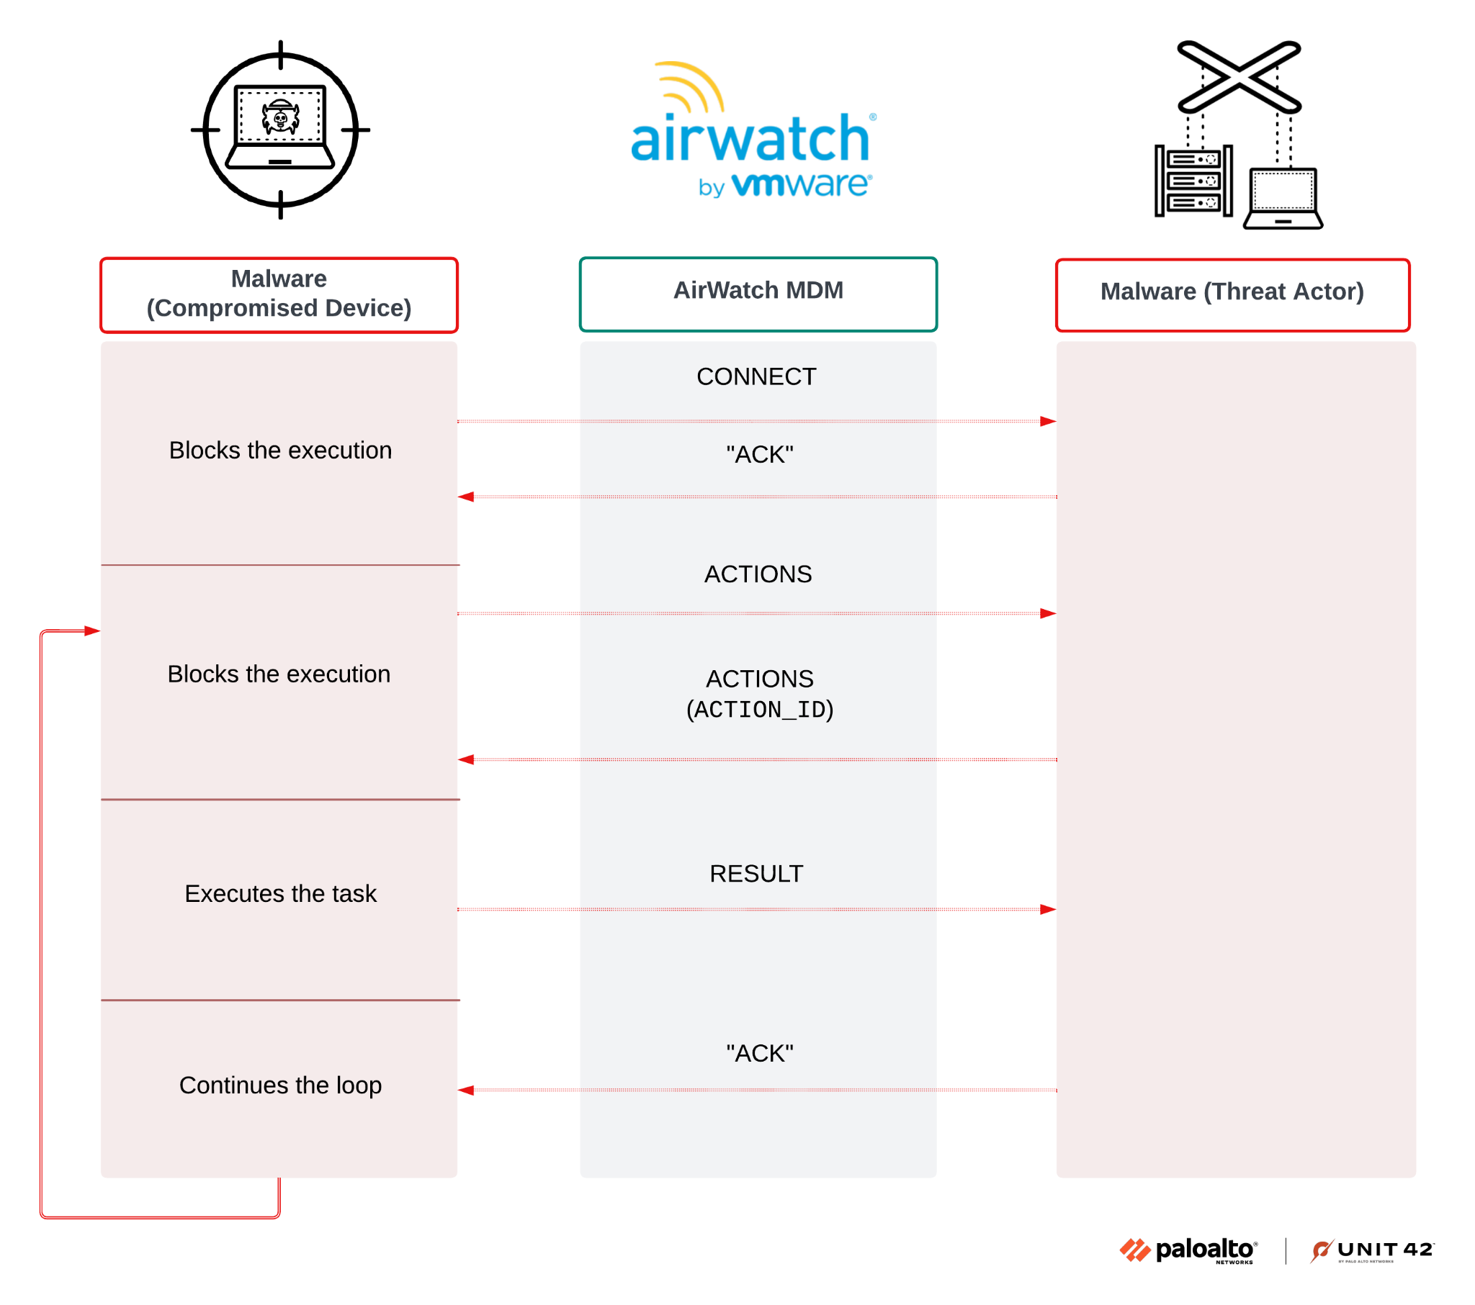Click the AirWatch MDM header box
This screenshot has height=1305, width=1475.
pyautogui.click(x=758, y=294)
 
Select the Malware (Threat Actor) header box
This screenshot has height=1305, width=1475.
pyautogui.click(x=1232, y=294)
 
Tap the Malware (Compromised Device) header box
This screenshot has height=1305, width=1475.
pyautogui.click(x=279, y=294)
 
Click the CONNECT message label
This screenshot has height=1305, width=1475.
pyautogui.click(x=756, y=376)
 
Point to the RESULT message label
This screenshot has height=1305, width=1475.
pyautogui.click(x=756, y=873)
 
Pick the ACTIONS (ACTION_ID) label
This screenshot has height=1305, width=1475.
pyautogui.click(x=759, y=693)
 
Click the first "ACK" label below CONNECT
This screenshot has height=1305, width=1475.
pyautogui.click(x=759, y=453)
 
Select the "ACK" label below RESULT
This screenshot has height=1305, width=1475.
pyautogui.click(x=759, y=1052)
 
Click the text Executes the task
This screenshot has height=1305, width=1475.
pyautogui.click(x=280, y=893)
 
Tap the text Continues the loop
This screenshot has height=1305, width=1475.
pyautogui.click(x=280, y=1084)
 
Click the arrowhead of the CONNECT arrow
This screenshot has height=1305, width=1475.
pyautogui.click(x=1048, y=421)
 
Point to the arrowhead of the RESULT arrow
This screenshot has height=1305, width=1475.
pyautogui.click(x=1048, y=909)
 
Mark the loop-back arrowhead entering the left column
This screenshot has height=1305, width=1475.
pyautogui.click(x=91, y=631)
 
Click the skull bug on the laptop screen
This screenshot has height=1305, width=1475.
pyautogui.click(x=280, y=117)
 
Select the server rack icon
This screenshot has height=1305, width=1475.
pyautogui.click(x=1193, y=181)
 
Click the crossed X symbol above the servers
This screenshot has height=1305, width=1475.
pyautogui.click(x=1238, y=76)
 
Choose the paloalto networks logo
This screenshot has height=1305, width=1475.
pyautogui.click(x=1188, y=1250)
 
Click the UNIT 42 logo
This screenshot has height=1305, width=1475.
pyautogui.click(x=1372, y=1250)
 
